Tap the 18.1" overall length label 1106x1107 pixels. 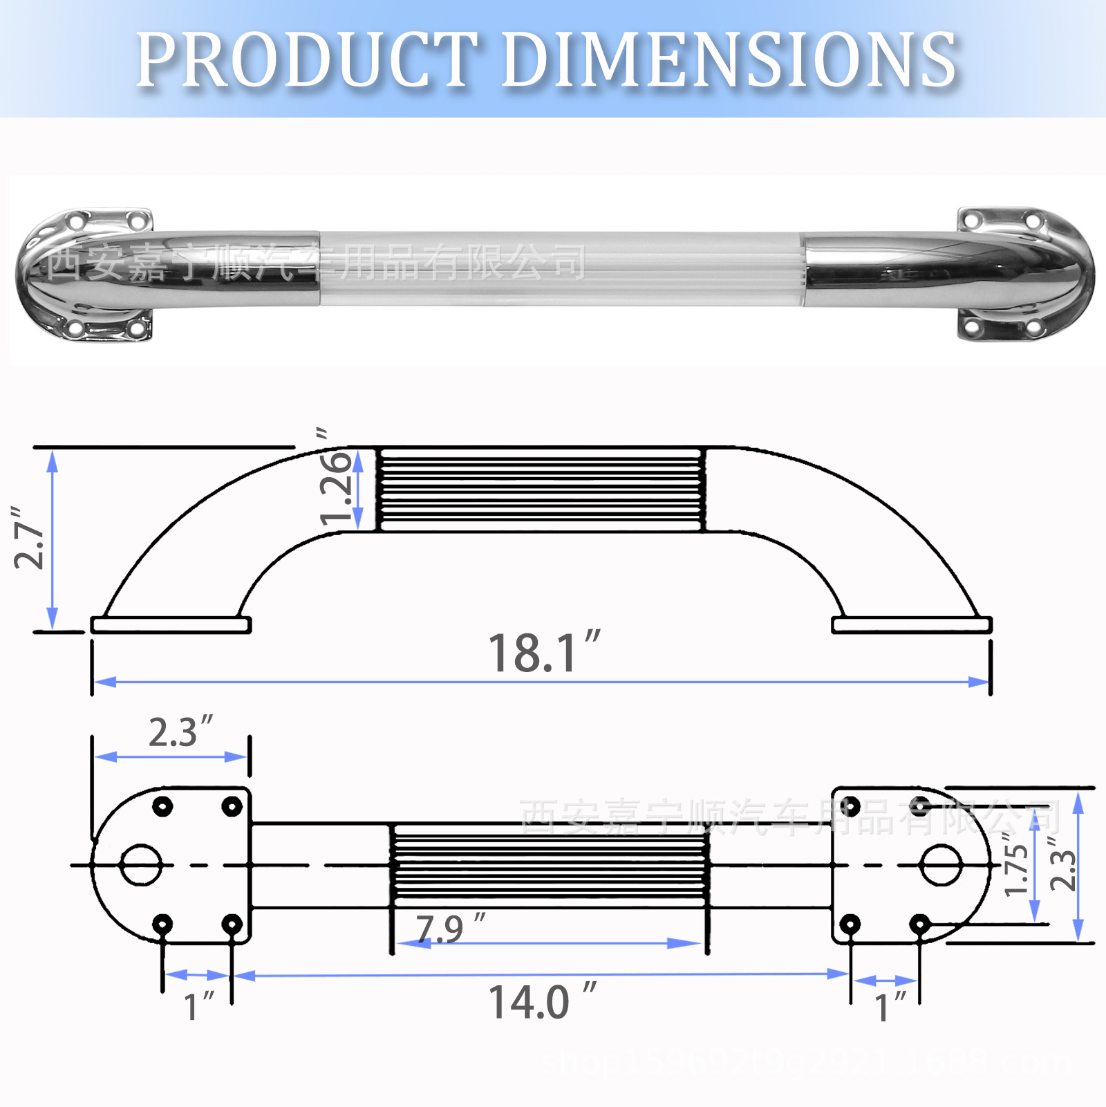543,653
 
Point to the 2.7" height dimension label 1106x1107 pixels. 29,538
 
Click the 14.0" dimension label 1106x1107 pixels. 542,1002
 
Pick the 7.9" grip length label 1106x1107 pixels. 449,928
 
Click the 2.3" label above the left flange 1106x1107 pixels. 180,732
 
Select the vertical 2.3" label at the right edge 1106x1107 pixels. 1063,864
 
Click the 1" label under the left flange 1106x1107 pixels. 198,1006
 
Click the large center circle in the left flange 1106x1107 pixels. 141,864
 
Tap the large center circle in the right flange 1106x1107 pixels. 940,864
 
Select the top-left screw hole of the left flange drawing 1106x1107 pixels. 162,806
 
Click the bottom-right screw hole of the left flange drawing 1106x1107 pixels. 232,924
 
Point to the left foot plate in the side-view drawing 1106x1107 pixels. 171,625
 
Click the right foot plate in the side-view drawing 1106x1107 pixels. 912,625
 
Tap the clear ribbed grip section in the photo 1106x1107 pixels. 560,268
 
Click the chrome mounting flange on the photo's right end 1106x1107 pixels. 1023,273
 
